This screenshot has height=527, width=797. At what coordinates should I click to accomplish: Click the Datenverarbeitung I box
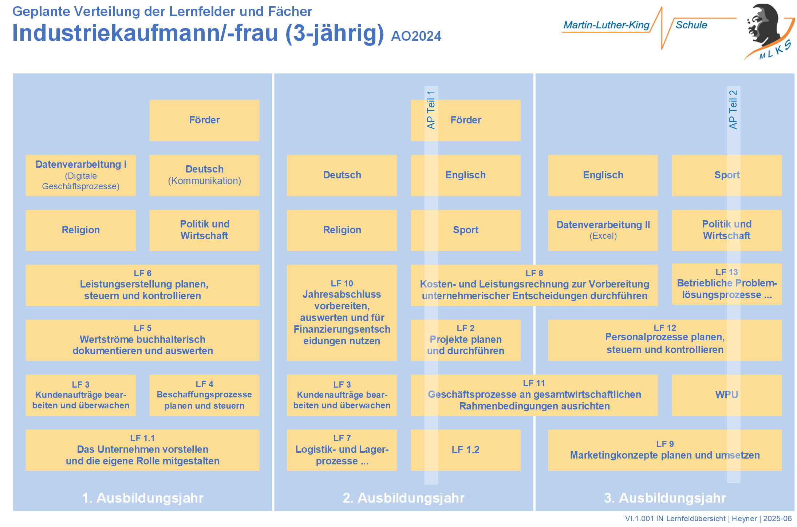(x=80, y=175)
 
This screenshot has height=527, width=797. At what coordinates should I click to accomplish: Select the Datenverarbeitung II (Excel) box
(x=603, y=230)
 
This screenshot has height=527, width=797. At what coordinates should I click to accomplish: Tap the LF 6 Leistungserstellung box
(x=142, y=285)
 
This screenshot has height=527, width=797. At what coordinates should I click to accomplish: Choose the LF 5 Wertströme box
(x=142, y=340)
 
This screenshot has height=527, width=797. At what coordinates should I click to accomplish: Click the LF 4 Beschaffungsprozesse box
(x=204, y=395)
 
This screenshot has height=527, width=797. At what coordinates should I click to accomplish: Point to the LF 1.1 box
(x=142, y=450)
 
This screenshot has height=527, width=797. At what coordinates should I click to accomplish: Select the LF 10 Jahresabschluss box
(x=342, y=313)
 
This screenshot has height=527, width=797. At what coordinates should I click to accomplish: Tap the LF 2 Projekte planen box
(x=465, y=340)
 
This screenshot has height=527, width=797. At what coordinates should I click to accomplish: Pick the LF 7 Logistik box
(x=342, y=450)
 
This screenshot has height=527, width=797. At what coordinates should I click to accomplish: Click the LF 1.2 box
(x=465, y=450)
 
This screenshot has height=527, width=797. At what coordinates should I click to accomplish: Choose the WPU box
(x=726, y=395)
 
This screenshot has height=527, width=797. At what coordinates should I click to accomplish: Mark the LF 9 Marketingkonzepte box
(x=664, y=450)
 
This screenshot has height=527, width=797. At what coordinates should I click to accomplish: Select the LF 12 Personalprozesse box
(x=664, y=340)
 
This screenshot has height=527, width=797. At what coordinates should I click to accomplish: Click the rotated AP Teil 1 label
(x=431, y=110)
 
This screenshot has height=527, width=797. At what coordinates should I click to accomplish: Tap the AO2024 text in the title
(x=416, y=36)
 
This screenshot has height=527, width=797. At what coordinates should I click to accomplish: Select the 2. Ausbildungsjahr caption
(x=403, y=498)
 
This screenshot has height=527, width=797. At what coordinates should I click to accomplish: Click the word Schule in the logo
(x=691, y=25)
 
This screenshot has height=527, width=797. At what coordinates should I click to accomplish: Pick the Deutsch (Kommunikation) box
(x=204, y=175)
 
